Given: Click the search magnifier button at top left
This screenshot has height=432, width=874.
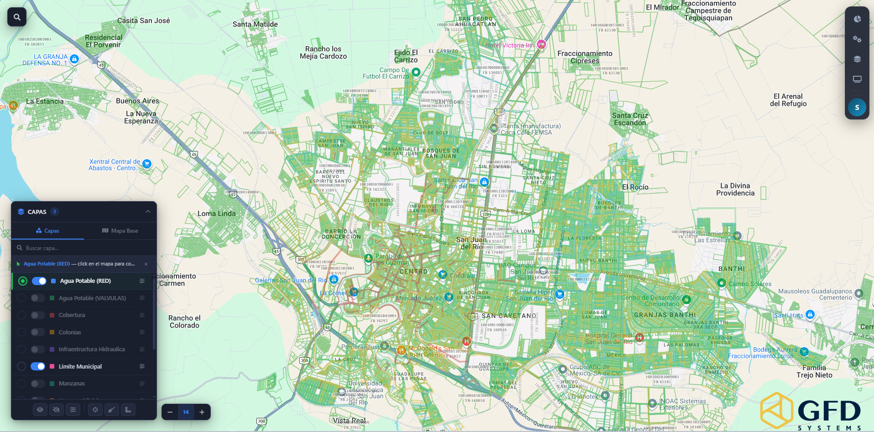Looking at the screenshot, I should pos(17,17).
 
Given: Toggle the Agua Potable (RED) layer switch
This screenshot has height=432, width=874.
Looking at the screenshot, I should pos(39,281).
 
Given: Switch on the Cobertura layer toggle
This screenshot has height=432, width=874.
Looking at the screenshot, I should pos(37,315).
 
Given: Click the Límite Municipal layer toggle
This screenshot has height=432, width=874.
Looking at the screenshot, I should pos(37,366).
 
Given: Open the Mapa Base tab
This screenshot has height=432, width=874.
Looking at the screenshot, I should pos(120,231).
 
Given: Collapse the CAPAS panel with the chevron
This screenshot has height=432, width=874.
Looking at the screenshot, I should pos(147,212).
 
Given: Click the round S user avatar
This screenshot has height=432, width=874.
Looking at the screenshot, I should pos(857,108).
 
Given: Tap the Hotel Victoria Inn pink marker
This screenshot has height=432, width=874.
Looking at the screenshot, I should pos(541,44).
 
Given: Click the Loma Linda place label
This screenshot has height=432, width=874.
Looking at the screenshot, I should pos(217,213).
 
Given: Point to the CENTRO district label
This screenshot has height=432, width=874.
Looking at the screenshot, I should pos(413,271).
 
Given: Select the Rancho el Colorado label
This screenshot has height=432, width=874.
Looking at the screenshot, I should pos(184,322).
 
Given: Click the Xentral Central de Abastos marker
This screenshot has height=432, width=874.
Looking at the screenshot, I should pos(147,164).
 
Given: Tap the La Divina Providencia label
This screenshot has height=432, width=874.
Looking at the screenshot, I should pos(735,189).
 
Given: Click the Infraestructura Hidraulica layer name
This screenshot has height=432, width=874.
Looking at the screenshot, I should pos(91,349).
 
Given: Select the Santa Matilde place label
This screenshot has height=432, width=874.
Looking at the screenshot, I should pos(255,24).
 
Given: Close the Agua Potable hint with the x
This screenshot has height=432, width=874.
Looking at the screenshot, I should pos(146,264).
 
